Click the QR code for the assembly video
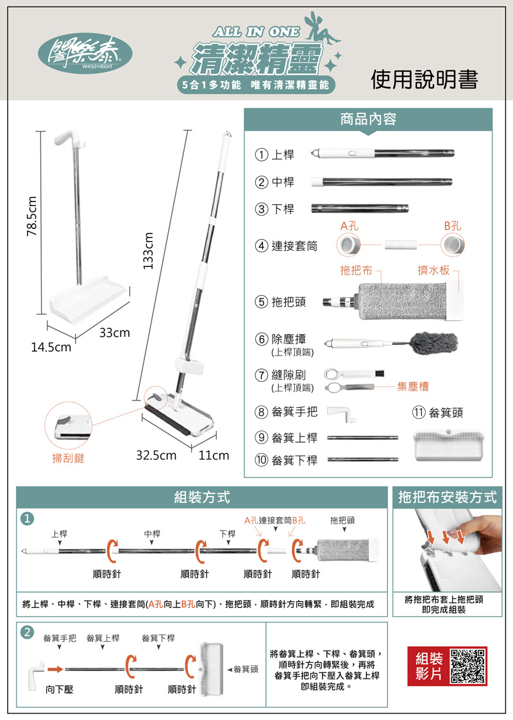click(467, 666)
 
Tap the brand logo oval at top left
click(85, 54)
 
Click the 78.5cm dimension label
click(31, 216)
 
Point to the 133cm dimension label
click(147, 251)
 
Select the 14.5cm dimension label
click(51, 347)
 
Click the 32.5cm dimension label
click(156, 455)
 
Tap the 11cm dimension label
click(214, 455)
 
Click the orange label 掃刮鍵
click(68, 458)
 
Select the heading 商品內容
click(368, 119)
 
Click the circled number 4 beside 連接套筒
click(261, 246)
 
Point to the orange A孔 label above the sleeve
click(349, 226)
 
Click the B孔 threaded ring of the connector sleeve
click(453, 244)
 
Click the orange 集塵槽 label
click(413, 387)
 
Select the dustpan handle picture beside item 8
click(342, 414)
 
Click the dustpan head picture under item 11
click(448, 445)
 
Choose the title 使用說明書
click(425, 80)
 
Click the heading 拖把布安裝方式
click(448, 497)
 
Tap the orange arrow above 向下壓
click(55, 669)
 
